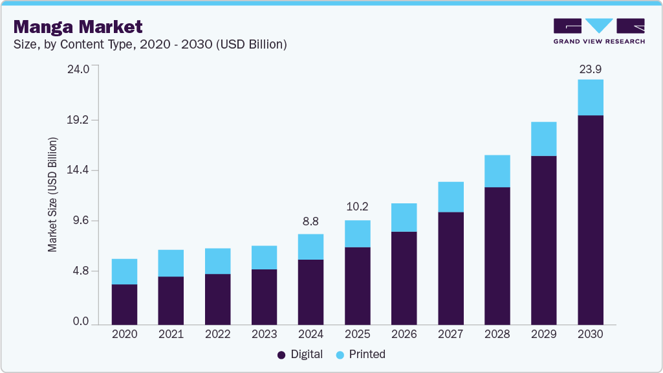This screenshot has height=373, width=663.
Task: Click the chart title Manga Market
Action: [x=78, y=27]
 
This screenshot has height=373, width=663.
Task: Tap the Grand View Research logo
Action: [x=599, y=31]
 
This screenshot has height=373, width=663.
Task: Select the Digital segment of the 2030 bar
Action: [x=590, y=220]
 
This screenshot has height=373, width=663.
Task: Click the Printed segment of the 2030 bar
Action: [x=590, y=97]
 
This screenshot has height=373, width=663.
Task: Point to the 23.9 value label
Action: [x=590, y=69]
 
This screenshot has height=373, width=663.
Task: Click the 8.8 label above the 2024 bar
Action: [x=310, y=221]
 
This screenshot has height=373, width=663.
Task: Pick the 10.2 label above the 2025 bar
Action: [x=357, y=207]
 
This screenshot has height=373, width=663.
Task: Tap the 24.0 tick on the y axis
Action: [x=78, y=69]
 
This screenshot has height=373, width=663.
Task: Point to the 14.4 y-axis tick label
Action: [x=78, y=170]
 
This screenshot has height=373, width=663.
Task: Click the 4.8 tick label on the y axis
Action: [x=81, y=271]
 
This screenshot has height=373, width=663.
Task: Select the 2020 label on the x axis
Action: [x=124, y=335]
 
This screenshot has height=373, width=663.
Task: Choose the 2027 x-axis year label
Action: [x=450, y=335]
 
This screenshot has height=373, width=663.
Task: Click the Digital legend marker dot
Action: [x=281, y=355]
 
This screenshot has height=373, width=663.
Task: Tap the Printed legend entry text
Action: [x=367, y=354]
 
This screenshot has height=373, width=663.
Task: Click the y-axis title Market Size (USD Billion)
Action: [x=52, y=194]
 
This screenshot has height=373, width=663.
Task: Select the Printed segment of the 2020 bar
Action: [x=124, y=271]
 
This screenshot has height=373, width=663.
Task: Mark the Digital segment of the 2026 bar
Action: [x=404, y=278]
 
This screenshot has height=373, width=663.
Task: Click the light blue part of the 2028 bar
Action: [x=497, y=171]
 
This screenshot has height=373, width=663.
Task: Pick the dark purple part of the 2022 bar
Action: [x=217, y=299]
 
